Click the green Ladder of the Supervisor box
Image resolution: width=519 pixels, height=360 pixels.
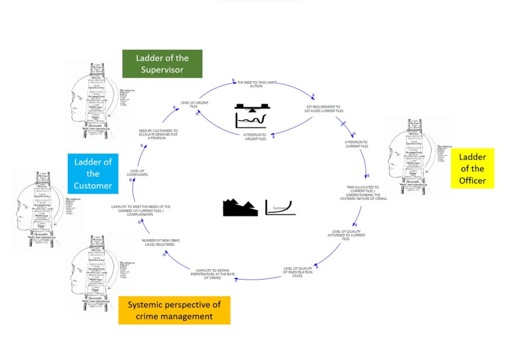click(x=162, y=63)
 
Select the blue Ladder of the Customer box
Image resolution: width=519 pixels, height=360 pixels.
click(x=93, y=174)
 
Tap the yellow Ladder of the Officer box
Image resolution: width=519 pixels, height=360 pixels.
click(x=472, y=168)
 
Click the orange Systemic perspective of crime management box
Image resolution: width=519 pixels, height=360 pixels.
click(x=174, y=310)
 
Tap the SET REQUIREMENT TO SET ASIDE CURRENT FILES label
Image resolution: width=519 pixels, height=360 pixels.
click(x=324, y=109)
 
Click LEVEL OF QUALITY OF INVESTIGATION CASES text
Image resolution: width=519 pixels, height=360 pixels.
click(x=298, y=271)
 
